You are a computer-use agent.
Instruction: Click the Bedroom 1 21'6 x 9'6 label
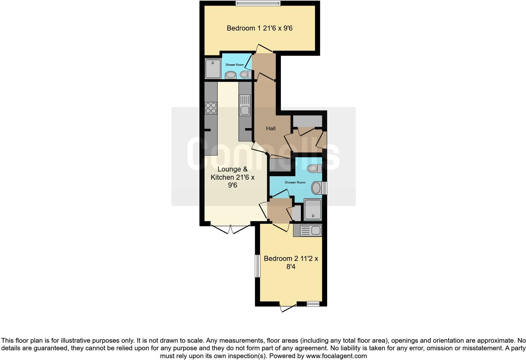point(260,28)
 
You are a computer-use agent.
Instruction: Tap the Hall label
point(271,128)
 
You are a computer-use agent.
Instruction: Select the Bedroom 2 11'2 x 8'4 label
point(291,263)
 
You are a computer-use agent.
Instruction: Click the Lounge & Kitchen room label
point(232,177)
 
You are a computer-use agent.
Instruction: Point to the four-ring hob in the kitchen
point(211,108)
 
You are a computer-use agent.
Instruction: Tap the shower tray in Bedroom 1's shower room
point(213,69)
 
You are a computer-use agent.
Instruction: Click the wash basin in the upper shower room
point(231,75)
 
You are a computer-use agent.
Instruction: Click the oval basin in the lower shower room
point(316,188)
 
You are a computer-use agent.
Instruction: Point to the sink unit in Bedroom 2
point(307,231)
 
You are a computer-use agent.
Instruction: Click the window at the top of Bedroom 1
point(258,3)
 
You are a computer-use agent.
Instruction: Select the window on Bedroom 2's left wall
point(257,266)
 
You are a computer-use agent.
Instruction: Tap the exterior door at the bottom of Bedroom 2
point(288,307)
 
